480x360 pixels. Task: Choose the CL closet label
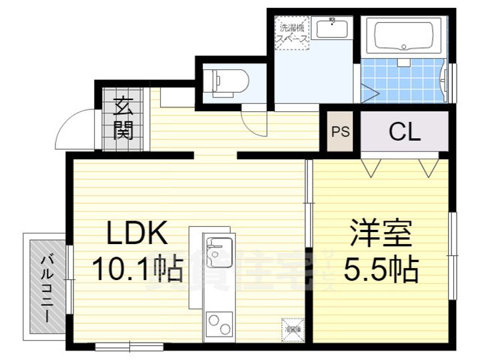(x=405, y=131)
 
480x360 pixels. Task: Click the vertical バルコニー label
(x=46, y=287)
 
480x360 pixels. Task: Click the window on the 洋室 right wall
(x=452, y=233)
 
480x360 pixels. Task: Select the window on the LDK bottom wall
(x=129, y=345)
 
